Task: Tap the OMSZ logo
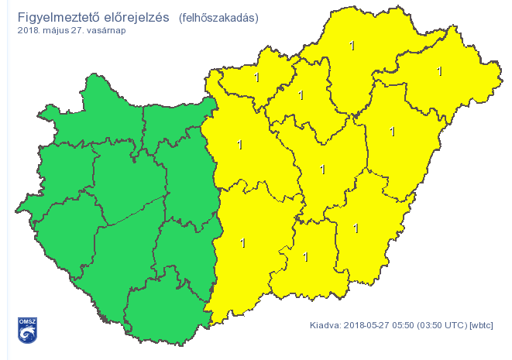27,330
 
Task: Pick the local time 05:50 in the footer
404,325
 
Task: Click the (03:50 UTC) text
443,325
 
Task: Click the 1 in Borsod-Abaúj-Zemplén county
352,46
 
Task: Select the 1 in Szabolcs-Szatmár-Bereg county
439,71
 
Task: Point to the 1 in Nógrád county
256,77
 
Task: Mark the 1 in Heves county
301,95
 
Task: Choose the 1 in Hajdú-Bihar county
393,132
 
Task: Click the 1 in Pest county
239,145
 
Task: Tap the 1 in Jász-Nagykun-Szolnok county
322,169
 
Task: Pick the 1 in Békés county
356,228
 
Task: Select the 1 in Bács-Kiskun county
243,243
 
